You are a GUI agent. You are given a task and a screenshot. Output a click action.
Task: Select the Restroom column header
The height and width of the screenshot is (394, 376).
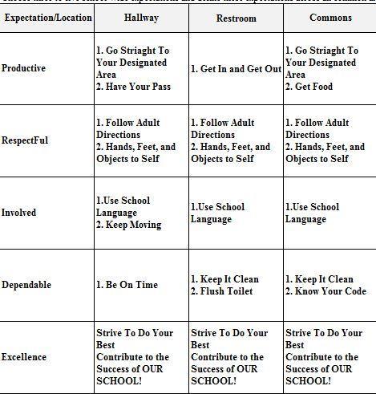click(236, 18)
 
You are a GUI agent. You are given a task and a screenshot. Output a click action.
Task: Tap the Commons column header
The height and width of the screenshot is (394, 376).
click(330, 17)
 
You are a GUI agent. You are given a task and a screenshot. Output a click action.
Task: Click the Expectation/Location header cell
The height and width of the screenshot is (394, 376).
click(46, 17)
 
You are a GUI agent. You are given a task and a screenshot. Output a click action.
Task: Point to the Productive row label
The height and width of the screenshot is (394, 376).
click(24, 68)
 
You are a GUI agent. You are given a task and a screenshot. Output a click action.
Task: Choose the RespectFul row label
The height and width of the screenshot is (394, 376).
click(25, 140)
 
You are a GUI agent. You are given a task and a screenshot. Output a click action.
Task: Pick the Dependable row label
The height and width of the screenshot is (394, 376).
click(26, 285)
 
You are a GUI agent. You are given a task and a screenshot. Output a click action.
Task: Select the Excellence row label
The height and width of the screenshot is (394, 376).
click(24, 357)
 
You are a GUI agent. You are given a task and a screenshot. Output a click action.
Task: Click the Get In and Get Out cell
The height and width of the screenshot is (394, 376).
click(237, 69)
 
